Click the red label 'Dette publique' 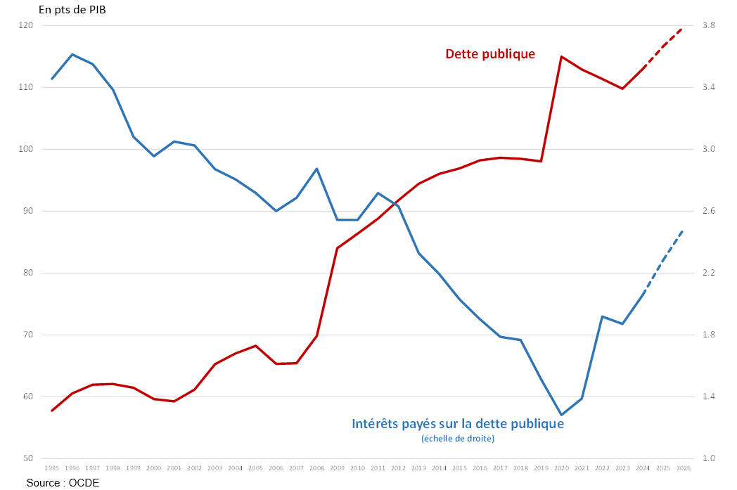pyautogui.click(x=490, y=53)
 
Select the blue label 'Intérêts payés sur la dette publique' pyautogui.click(x=458, y=424)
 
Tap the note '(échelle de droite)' pyautogui.click(x=458, y=439)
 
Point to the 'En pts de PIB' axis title pyautogui.click(x=72, y=9)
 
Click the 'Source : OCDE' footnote pyautogui.click(x=63, y=482)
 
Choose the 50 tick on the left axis pyautogui.click(x=28, y=458)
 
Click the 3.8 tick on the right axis pyautogui.click(x=708, y=25)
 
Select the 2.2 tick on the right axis pyautogui.click(x=708, y=273)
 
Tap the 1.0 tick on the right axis pyautogui.click(x=708, y=458)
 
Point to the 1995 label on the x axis pyautogui.click(x=51, y=468)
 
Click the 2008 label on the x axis pyautogui.click(x=316, y=468)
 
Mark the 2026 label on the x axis pyautogui.click(x=683, y=468)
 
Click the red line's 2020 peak pyautogui.click(x=561, y=56)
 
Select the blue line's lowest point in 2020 pyautogui.click(x=561, y=415)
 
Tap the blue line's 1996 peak pyautogui.click(x=72, y=54)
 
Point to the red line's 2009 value pyautogui.click(x=337, y=248)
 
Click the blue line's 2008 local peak pyautogui.click(x=316, y=169)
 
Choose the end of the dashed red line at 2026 pyautogui.click(x=683, y=28)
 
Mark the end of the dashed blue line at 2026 pyautogui.click(x=683, y=230)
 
